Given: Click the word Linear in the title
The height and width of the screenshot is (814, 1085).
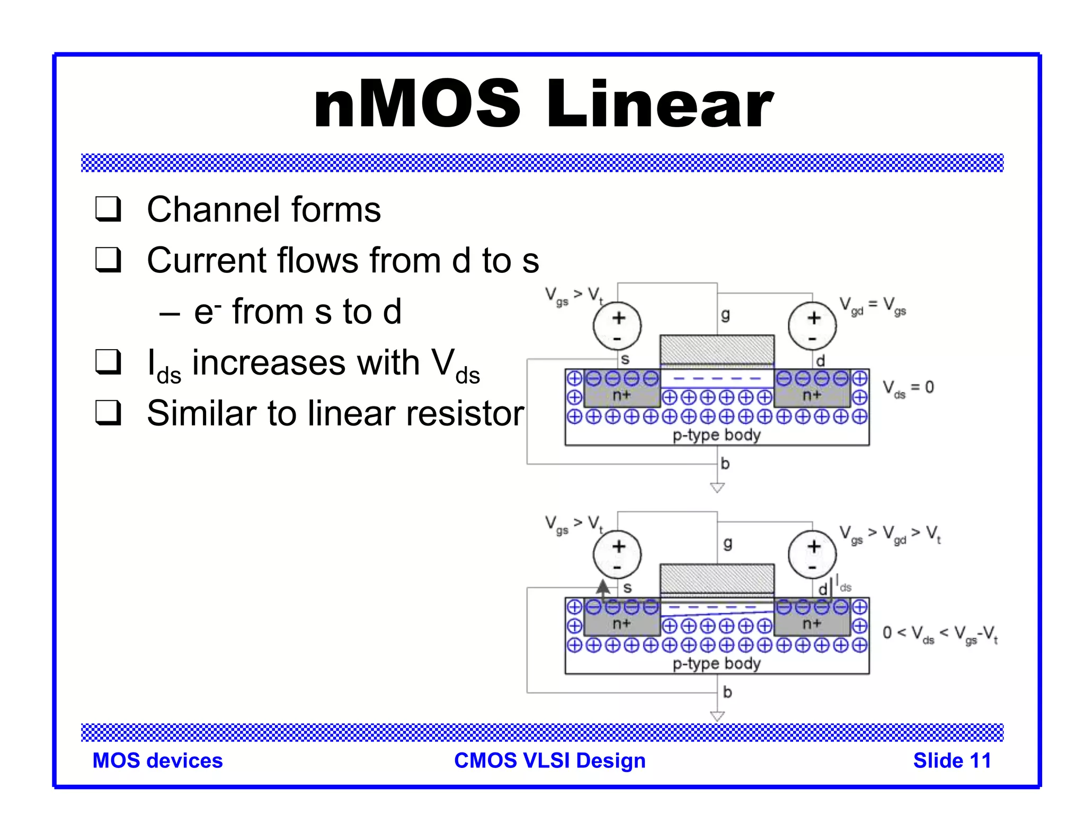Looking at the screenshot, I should click(660, 104).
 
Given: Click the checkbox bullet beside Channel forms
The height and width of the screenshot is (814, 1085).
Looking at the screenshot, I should click(109, 209).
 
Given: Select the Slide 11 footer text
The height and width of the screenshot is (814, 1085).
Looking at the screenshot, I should click(951, 760).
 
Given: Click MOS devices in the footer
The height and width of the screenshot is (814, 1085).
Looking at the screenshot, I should click(157, 760).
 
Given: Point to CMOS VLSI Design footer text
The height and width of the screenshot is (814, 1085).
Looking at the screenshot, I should click(549, 760).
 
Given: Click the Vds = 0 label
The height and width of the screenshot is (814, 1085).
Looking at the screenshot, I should click(908, 388).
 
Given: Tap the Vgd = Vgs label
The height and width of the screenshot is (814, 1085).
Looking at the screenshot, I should click(873, 306).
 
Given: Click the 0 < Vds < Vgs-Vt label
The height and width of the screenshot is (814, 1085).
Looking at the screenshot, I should click(940, 634).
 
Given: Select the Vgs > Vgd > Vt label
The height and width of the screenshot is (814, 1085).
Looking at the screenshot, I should click(890, 534).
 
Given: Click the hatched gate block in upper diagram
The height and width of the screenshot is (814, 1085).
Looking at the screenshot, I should click(717, 350).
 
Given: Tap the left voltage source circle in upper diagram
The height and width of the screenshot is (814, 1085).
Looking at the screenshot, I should click(617, 326).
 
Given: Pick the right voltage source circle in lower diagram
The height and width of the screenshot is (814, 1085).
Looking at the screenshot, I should click(812, 554).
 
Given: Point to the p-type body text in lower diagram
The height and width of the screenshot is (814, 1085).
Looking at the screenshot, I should click(716, 663).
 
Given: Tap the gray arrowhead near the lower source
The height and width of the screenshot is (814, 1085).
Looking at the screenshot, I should click(603, 587).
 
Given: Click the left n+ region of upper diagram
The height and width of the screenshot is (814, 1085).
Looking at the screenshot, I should click(621, 395).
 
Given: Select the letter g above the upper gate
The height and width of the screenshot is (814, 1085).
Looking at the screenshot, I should click(725, 315).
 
